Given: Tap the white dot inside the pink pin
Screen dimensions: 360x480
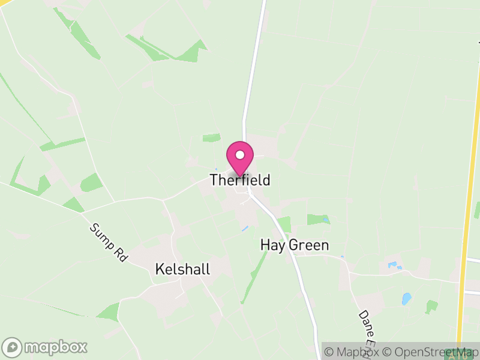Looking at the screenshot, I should [240, 155].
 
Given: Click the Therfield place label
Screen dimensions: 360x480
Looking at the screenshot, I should [240, 180].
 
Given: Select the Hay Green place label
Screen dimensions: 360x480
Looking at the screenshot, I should [295, 245].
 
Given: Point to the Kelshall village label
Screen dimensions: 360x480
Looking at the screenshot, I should [182, 269].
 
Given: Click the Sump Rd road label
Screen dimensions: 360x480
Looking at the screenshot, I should [109, 242].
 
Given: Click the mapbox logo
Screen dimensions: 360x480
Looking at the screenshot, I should [45, 347].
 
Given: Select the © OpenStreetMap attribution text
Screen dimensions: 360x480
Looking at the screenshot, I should [432, 352].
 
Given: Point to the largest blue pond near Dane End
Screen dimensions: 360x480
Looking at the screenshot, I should [406, 298].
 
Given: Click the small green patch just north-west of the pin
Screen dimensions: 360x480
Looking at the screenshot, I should [211, 138].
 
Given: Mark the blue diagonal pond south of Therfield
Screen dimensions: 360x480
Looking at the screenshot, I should [244, 229].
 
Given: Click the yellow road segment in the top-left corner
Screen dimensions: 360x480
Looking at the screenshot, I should [7, 3].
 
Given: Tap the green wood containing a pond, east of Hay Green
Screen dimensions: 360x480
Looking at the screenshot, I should [319, 220].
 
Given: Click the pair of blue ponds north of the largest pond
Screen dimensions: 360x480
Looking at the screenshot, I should [394, 265].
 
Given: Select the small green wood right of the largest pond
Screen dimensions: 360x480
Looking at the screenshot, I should [431, 307].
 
